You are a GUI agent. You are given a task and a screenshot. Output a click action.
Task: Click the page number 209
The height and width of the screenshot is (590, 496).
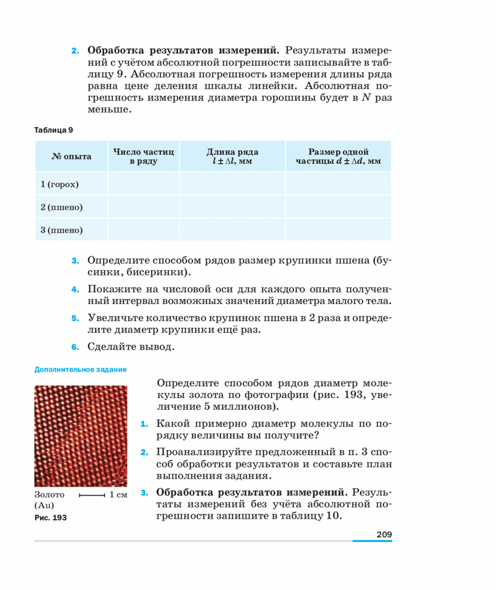384,534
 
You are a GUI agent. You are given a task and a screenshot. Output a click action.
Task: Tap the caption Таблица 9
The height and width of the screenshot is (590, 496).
54,130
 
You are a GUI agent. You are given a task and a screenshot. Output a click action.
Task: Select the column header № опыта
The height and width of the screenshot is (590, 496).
71,156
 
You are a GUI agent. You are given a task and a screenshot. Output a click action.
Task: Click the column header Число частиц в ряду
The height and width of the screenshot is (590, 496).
143,156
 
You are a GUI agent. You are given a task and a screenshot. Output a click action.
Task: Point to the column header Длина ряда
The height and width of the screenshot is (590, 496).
232,156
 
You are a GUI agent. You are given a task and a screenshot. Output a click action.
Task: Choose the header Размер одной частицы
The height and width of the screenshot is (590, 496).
338,156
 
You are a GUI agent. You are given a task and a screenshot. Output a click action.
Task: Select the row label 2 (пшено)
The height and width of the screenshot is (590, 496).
61,207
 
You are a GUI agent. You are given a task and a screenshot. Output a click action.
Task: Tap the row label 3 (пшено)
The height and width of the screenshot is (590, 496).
61,230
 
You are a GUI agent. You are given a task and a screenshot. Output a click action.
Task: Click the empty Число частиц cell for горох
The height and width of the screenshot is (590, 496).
143,185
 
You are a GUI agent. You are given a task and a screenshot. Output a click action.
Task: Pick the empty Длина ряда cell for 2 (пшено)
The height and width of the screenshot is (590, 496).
232,207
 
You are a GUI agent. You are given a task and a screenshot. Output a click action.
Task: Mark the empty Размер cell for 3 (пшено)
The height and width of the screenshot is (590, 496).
338,230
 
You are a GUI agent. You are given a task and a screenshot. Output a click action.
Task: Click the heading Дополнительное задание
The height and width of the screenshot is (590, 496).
81,369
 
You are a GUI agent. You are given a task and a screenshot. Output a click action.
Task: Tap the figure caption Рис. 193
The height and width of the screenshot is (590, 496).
51,518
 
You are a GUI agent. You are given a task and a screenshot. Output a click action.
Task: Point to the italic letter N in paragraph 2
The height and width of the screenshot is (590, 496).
366,98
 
